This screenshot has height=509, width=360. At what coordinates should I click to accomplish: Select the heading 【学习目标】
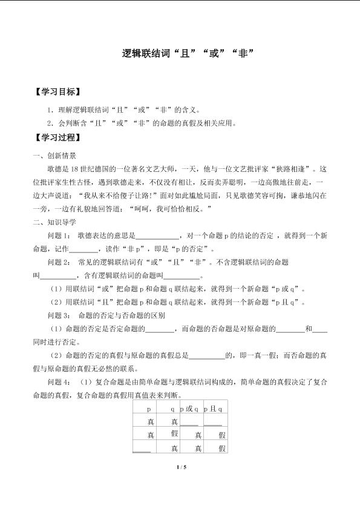57,92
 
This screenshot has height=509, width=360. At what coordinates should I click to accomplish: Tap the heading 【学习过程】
57,137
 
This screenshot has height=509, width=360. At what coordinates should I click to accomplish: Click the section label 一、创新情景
55,155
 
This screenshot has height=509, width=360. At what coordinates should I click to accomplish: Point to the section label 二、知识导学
55,222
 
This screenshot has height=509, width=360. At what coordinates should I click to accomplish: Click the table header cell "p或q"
189,409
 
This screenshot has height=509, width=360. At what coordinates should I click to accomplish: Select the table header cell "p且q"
214,409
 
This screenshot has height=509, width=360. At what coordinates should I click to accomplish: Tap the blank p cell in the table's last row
142,448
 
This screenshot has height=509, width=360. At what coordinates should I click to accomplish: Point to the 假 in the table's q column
174,434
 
